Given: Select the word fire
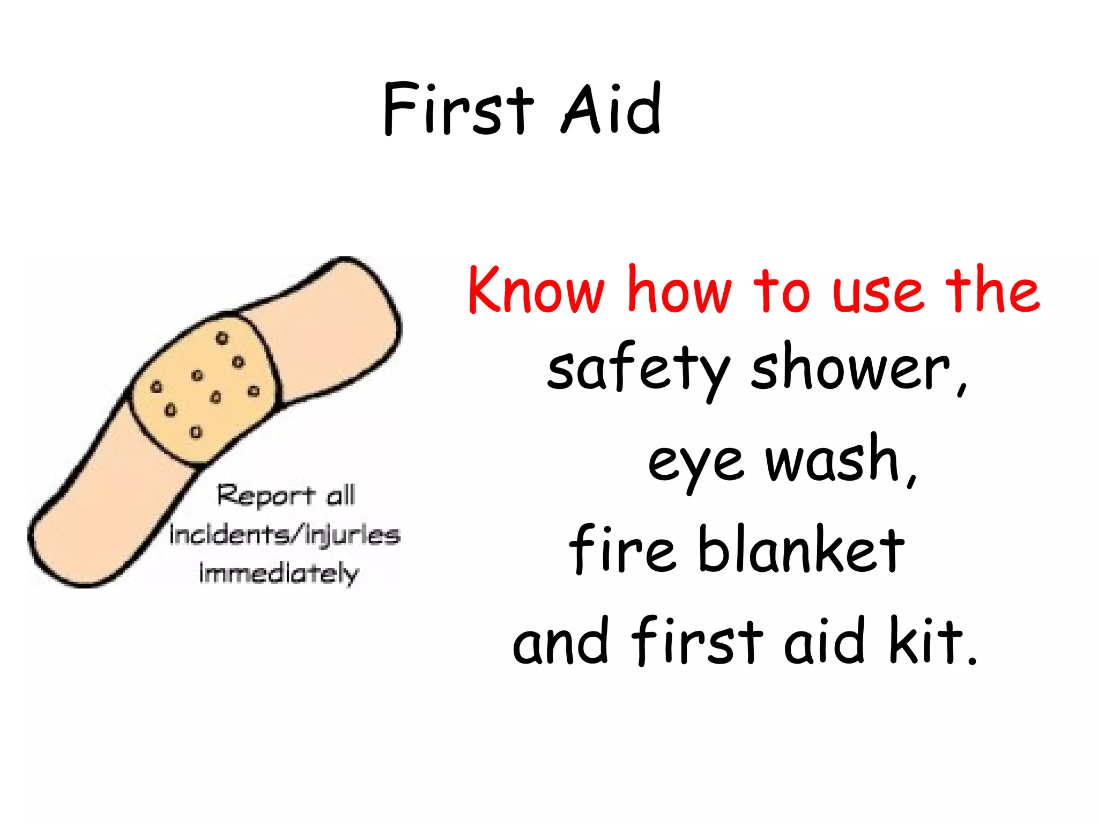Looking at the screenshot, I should (622, 549).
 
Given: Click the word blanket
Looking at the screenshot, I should (802, 549).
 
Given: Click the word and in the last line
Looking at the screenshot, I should (560, 642).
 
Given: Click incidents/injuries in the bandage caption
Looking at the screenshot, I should (285, 535).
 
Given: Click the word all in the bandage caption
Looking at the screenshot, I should (341, 495).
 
